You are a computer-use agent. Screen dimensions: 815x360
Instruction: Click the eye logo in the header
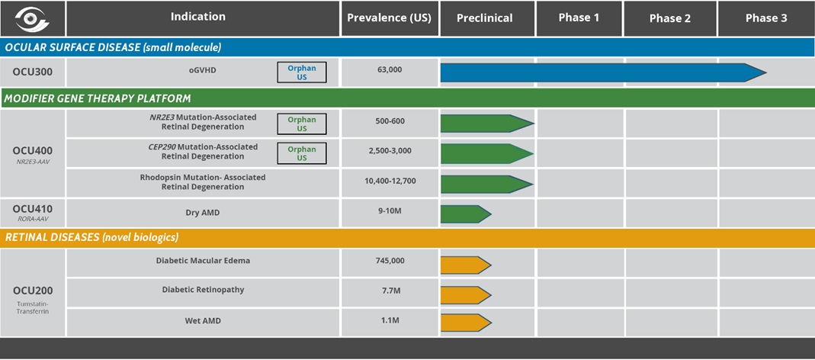point(32,19)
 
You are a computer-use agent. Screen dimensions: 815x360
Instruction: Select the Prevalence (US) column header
point(390,18)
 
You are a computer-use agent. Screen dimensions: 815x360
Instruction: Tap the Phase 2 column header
point(670,18)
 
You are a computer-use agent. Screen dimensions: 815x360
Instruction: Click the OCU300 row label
point(32,72)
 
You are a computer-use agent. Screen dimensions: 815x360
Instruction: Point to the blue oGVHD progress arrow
point(603,72)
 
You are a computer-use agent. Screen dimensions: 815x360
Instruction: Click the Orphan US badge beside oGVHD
point(301,72)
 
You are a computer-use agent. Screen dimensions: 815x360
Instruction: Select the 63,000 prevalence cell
point(390,69)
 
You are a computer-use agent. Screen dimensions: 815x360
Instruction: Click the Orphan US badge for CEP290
point(301,153)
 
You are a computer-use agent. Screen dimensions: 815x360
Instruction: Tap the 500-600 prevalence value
point(390,121)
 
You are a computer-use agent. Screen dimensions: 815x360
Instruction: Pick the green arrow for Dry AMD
point(465,214)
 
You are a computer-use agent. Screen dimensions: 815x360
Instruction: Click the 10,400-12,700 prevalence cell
point(390,181)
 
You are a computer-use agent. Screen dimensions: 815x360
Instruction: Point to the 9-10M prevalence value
point(390,211)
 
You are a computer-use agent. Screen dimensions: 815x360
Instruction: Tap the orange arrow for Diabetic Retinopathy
point(465,295)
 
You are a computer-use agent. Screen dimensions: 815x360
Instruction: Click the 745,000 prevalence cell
point(390,261)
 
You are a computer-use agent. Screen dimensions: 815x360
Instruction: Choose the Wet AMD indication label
point(203,321)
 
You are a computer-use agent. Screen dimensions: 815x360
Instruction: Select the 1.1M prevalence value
point(390,320)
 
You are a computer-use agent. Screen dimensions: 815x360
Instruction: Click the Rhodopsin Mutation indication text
point(203,182)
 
